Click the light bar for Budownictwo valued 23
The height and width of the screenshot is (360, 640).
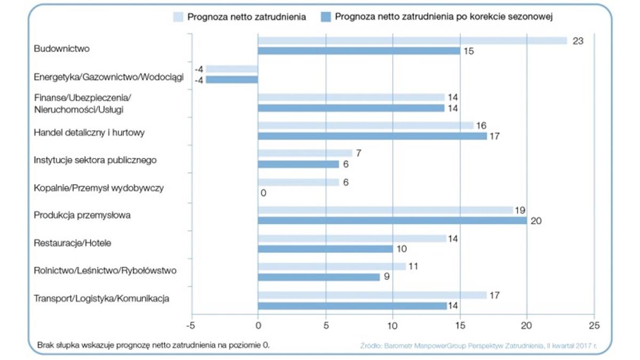tap(412, 41)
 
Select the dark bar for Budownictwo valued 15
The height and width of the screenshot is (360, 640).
tap(358, 51)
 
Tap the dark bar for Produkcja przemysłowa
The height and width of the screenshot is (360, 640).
tap(392, 221)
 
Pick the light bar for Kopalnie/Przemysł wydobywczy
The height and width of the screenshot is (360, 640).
tap(298, 182)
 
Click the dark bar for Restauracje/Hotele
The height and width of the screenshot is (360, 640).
tap(325, 249)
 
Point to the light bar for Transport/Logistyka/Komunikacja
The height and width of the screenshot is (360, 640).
tap(372, 295)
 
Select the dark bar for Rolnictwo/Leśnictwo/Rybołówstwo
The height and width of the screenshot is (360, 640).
tap(318, 277)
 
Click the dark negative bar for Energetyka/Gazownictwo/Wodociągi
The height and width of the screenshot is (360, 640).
tap(232, 80)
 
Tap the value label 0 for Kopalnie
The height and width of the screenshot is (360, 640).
tap(263, 193)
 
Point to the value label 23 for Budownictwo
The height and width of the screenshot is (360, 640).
tap(578, 41)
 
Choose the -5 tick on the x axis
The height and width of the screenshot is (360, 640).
tap(190, 325)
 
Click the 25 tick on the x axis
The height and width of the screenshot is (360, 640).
tap(594, 325)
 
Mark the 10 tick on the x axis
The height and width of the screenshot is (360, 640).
tap(393, 325)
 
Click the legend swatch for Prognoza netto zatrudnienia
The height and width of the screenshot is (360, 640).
tap(178, 17)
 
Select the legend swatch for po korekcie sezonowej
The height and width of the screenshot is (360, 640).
tap(325, 17)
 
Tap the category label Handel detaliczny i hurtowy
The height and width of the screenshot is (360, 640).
tap(89, 133)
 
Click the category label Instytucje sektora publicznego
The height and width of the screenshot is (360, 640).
tap(95, 160)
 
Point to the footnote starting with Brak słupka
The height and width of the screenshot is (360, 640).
tap(154, 345)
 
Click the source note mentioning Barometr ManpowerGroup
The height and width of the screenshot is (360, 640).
tap(478, 346)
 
